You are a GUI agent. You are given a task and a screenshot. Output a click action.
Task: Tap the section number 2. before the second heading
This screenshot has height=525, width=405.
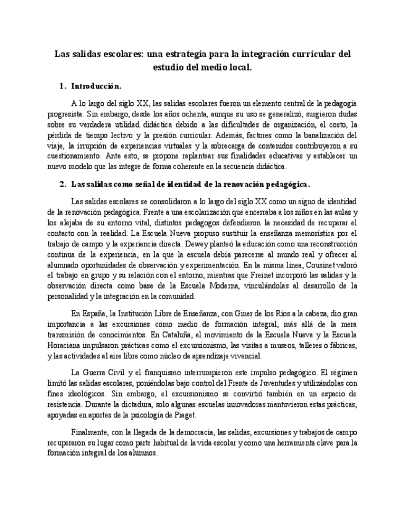click(x=62, y=184)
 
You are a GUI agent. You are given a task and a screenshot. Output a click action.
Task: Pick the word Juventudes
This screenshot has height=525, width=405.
click(x=278, y=383)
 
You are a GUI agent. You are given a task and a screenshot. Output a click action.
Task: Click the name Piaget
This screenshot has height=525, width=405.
click(x=184, y=415)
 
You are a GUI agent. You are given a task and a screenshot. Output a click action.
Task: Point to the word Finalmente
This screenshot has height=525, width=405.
click(x=90, y=432)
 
